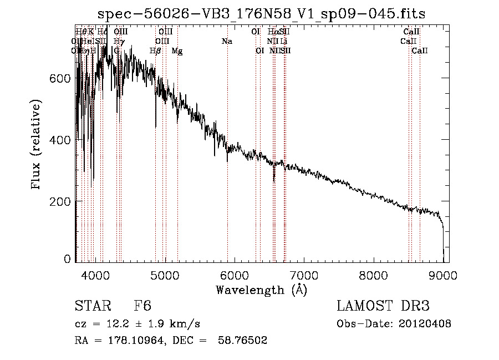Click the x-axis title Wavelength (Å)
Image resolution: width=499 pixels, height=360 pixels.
pos(261,289)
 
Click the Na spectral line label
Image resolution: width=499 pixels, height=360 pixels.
pos(226,41)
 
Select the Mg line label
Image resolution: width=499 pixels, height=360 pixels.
pos(177,51)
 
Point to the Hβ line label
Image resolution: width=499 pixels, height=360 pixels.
pos(155,51)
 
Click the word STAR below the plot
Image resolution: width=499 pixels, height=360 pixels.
pos(90,306)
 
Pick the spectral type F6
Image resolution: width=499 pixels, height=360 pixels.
pos(142,306)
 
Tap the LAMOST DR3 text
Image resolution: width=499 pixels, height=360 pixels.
pos(383,306)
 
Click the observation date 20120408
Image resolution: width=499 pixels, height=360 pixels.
pos(425,324)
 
